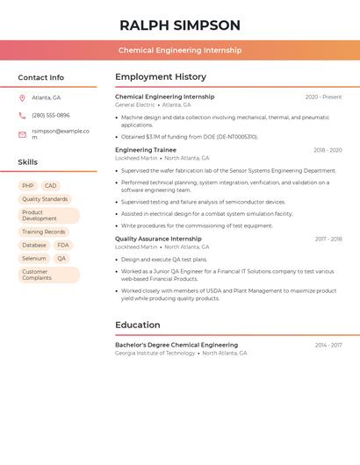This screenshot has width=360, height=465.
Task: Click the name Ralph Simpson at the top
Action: pos(180,25)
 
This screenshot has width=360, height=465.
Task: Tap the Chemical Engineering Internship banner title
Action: pos(180,51)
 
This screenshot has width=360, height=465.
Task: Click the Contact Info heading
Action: pos(40,77)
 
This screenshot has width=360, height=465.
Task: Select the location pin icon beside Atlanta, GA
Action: pos(22,97)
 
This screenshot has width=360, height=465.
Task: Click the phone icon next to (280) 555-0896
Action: pos(22,115)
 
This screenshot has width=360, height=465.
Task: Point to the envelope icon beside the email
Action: pos(22,134)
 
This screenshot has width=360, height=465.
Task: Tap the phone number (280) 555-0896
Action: pos(51,115)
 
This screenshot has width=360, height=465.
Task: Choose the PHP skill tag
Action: pos(28,186)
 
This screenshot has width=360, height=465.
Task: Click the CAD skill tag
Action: pos(51,186)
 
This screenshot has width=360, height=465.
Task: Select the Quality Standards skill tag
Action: pos(45,199)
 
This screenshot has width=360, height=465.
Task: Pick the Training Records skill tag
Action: pos(44,232)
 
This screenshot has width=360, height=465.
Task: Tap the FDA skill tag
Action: pos(63,245)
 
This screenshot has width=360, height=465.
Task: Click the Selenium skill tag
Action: pos(34,259)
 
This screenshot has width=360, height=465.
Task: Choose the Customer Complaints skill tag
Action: pos(38,275)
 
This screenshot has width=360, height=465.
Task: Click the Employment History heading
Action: pos(161,77)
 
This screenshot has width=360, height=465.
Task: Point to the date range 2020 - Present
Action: pos(323,97)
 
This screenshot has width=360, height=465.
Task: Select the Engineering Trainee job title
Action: pos(146,150)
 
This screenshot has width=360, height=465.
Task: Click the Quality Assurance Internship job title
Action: pos(158,239)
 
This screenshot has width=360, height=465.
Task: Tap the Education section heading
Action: pos(138,325)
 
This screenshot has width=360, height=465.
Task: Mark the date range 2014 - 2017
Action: pos(328,346)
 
